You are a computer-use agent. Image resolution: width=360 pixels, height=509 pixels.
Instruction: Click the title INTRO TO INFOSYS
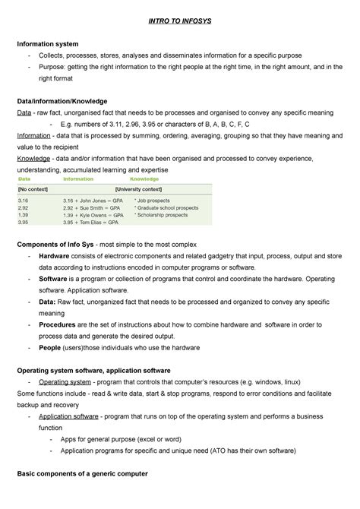180,21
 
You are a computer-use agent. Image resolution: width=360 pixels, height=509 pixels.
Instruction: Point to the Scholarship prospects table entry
163,215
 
